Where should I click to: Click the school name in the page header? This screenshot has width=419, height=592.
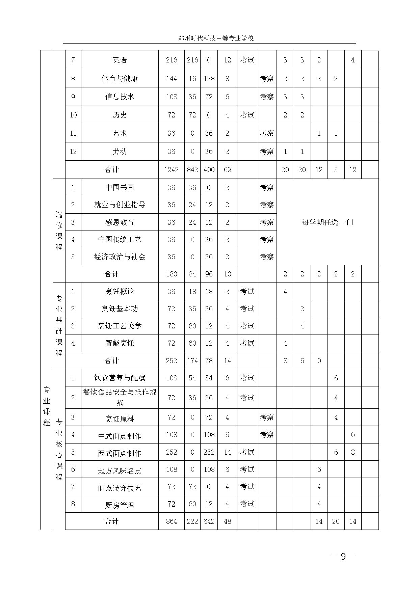pyautogui.click(x=216, y=38)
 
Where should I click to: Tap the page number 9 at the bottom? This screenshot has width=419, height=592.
pyautogui.click(x=343, y=557)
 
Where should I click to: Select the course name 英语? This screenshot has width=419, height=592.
pyautogui.click(x=120, y=60)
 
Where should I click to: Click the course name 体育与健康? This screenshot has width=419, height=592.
pyautogui.click(x=120, y=79)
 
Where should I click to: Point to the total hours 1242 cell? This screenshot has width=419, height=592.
pyautogui.click(x=172, y=170)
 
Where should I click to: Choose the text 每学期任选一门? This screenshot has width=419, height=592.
pyautogui.click(x=327, y=222)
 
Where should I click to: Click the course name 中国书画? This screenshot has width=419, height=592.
pyautogui.click(x=120, y=188)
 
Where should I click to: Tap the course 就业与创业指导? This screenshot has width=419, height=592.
pyautogui.click(x=120, y=205)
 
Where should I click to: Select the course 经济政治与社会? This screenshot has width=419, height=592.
pyautogui.click(x=120, y=257)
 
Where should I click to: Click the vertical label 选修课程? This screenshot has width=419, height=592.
pyautogui.click(x=59, y=231)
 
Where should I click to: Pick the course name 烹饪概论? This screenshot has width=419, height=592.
pyautogui.click(x=120, y=292)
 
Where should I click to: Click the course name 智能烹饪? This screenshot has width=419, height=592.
pyautogui.click(x=120, y=343)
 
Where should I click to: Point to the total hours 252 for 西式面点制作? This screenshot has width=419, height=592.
pyautogui.click(x=172, y=452)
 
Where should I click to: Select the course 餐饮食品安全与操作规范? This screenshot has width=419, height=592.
pyautogui.click(x=120, y=398)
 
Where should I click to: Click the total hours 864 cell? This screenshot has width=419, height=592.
pyautogui.click(x=172, y=521)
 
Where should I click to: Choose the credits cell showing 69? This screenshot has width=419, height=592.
pyautogui.click(x=227, y=170)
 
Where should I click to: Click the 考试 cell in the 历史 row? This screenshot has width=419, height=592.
pyautogui.click(x=247, y=115)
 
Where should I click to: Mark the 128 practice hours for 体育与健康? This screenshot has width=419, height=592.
pyautogui.click(x=209, y=79)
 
